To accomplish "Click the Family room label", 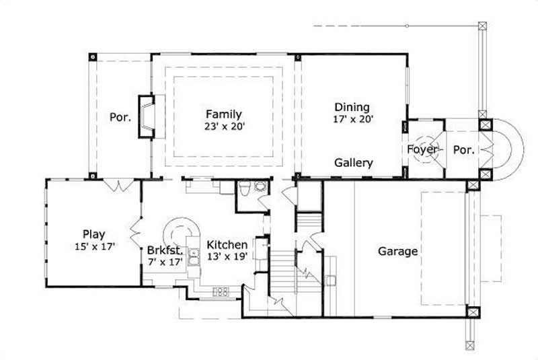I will pyautogui.click(x=224, y=114).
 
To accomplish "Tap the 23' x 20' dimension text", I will pyautogui.click(x=224, y=126).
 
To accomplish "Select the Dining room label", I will pyautogui.click(x=352, y=107).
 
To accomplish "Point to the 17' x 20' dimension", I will pyautogui.click(x=352, y=118).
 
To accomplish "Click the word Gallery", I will pyautogui.click(x=354, y=163).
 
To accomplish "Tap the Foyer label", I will pyautogui.click(x=422, y=149).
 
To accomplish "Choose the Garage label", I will pyautogui.click(x=397, y=252).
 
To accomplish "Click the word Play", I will pyautogui.click(x=94, y=234).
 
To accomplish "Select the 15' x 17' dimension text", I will pyautogui.click(x=95, y=246).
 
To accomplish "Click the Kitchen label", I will pyautogui.click(x=227, y=244).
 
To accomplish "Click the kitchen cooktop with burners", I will pyautogui.click(x=221, y=291).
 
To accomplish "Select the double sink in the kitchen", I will pyautogui.click(x=193, y=257).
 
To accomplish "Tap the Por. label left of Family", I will pyautogui.click(x=120, y=117).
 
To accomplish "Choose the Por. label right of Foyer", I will pyautogui.click(x=463, y=149).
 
